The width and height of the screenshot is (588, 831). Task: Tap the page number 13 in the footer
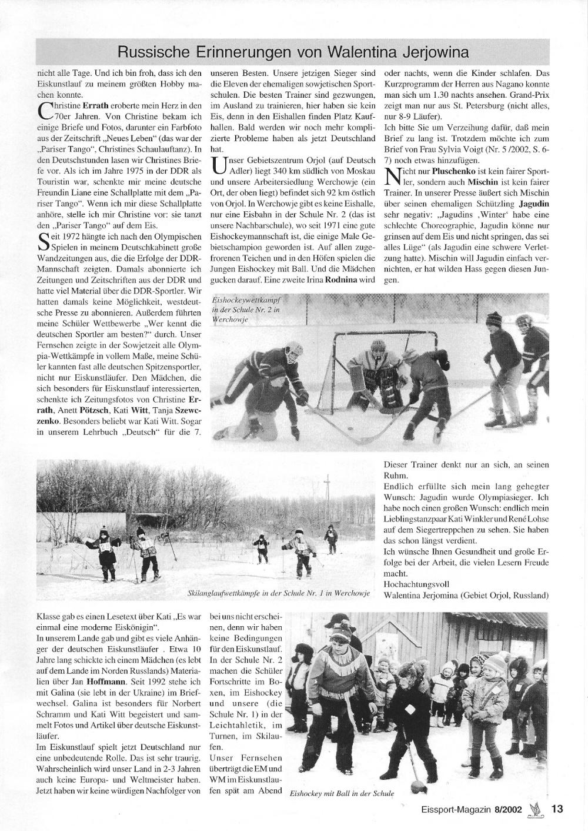click(x=557, y=809)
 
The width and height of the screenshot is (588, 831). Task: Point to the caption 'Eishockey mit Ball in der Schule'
click(x=342, y=793)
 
